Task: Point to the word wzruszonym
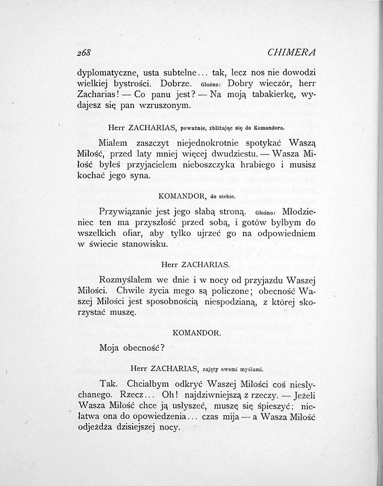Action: tap(167, 106)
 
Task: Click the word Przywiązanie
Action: tap(129, 212)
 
